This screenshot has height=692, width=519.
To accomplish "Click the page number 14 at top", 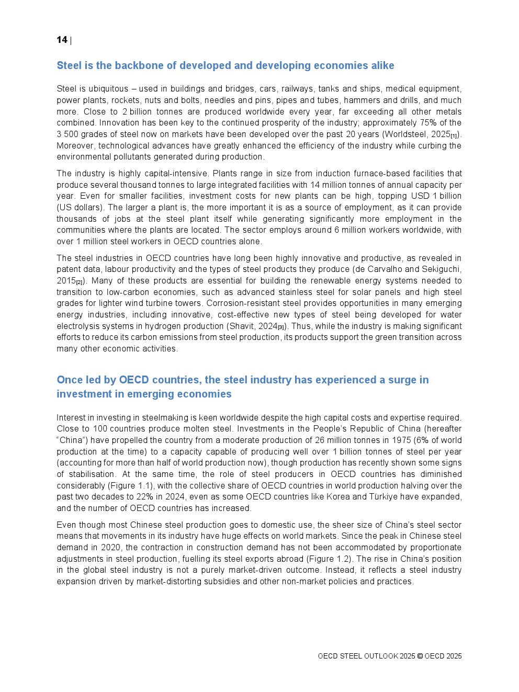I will click(62, 40).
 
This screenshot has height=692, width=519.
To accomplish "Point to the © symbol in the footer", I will click(420, 656).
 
